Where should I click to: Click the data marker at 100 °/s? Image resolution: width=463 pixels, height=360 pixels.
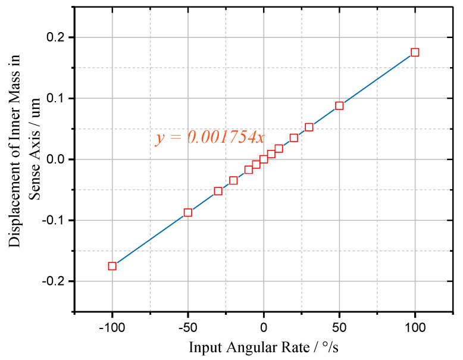pyautogui.click(x=415, y=52)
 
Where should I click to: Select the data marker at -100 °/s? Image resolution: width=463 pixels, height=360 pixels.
pyautogui.click(x=112, y=266)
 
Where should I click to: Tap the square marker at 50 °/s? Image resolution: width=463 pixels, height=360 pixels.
pyautogui.click(x=339, y=106)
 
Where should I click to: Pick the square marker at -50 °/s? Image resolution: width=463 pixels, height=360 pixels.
pyautogui.click(x=188, y=212)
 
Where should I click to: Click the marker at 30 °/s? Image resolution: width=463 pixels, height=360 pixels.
pyautogui.click(x=309, y=127)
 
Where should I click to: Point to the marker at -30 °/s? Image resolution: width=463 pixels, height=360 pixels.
pyautogui.click(x=218, y=191)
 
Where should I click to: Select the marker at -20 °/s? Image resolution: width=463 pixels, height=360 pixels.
pyautogui.click(x=233, y=180)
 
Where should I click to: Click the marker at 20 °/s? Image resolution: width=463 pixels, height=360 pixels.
pyautogui.click(x=294, y=137)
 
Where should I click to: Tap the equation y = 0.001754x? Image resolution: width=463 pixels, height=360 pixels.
pyautogui.click(x=209, y=137)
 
